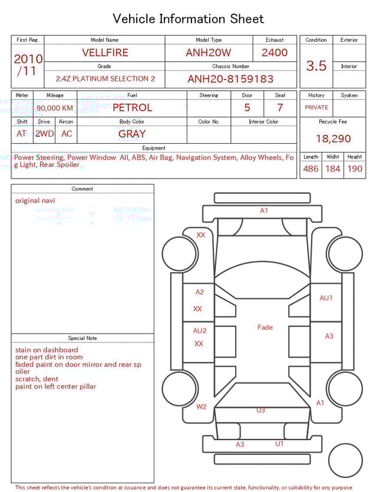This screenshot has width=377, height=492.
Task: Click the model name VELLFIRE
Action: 105,52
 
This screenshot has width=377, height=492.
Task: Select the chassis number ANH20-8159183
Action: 230,79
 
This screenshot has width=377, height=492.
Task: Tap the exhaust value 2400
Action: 275,52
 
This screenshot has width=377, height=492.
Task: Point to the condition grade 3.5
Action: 316,66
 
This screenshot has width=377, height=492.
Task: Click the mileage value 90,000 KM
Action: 55,108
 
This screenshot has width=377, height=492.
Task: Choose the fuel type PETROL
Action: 132,108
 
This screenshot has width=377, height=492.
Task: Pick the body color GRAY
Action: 132,134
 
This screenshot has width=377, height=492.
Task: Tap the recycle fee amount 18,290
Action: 333,139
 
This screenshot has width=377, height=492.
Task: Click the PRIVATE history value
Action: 316,108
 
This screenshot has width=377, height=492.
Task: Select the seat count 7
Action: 280,108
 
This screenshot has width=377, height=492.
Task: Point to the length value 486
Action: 310,169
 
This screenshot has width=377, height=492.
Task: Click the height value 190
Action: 355,169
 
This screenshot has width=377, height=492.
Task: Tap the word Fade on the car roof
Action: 265,327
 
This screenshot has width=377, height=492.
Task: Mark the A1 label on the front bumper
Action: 264,210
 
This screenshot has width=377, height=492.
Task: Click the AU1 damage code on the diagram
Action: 326,298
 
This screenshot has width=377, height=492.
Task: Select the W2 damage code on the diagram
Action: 201,407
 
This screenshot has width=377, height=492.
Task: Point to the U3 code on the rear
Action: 260,410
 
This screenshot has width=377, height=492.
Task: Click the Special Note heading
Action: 82,338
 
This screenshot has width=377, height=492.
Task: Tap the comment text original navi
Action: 35,200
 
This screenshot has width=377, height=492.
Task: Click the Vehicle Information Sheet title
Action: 188,19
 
